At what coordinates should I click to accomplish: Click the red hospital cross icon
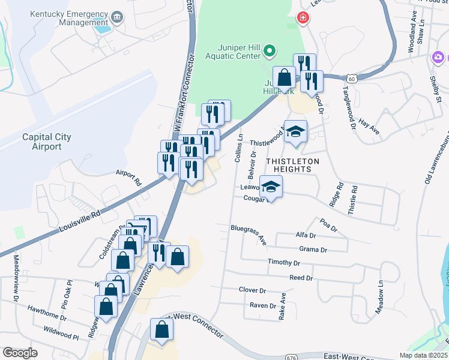[x=303, y=19]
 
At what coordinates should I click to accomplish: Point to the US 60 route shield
[x=352, y=79]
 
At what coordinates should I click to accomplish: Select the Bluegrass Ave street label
[x=249, y=235]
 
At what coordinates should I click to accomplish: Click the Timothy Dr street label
[x=284, y=263]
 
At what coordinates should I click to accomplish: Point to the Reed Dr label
[x=301, y=278]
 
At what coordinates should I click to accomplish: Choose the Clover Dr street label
[x=252, y=290]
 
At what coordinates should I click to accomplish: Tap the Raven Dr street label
[x=262, y=305]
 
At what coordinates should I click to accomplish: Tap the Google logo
[x=20, y=353]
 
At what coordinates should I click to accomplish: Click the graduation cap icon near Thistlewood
[x=295, y=131]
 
